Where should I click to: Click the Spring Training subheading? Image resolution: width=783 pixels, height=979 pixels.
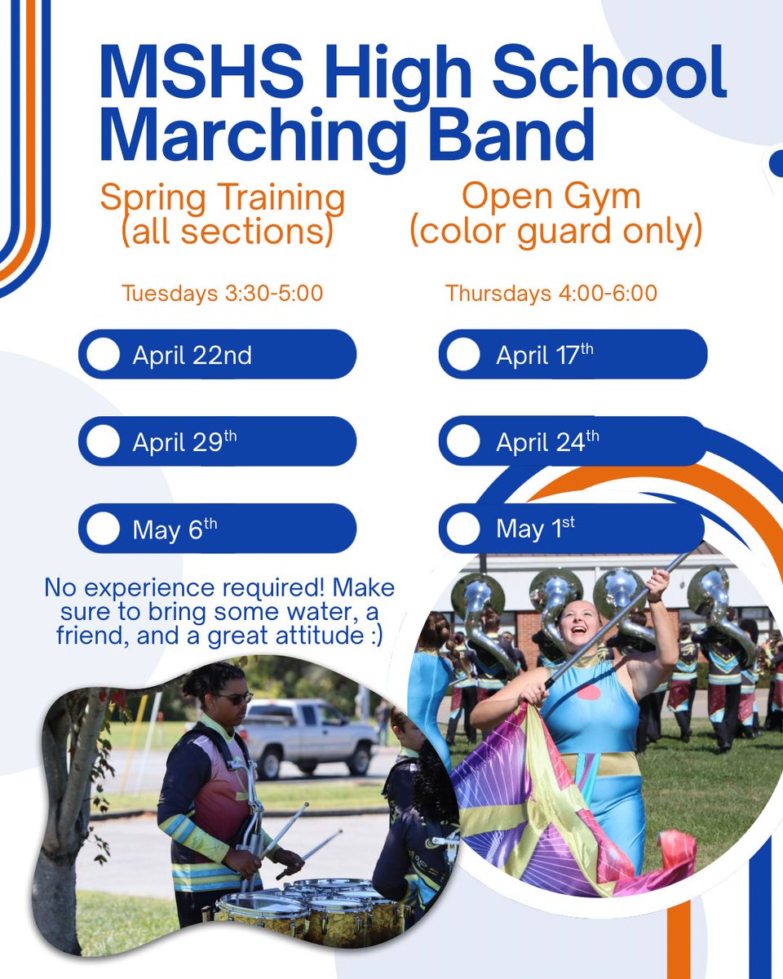click(223, 199)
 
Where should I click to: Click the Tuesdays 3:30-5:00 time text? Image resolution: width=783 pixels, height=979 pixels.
click(223, 293)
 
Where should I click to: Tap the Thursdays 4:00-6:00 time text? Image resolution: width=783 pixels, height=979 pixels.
click(551, 293)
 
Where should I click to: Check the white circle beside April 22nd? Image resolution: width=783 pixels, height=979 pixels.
click(103, 355)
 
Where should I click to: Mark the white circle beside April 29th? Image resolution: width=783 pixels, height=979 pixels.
click(103, 441)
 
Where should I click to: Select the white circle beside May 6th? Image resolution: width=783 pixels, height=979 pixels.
click(103, 529)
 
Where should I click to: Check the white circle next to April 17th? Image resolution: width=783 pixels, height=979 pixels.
click(463, 355)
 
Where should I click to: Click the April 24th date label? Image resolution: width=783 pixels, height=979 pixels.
click(547, 442)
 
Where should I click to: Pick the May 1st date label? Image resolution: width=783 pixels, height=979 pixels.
click(535, 529)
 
